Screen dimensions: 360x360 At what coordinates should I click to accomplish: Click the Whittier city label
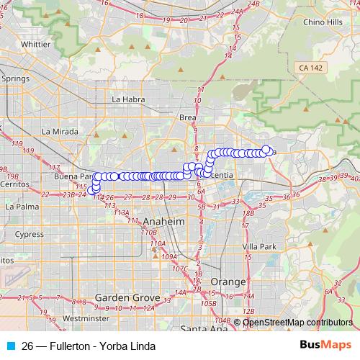click(x=36, y=43)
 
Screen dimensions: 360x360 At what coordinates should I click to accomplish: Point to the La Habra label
click(x=129, y=99)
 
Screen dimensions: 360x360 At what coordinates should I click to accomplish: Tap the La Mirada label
click(x=58, y=132)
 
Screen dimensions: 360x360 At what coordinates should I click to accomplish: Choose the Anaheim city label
click(x=164, y=222)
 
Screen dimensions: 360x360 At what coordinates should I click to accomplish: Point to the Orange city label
click(x=228, y=282)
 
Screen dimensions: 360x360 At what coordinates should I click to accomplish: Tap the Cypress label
click(x=30, y=234)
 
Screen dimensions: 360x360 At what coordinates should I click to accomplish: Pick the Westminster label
click(x=86, y=318)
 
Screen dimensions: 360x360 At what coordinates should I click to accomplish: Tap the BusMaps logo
click(x=320, y=346)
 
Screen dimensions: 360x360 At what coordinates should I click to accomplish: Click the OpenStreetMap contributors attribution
click(x=297, y=322)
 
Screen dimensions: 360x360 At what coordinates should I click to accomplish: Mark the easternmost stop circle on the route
click(x=266, y=150)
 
